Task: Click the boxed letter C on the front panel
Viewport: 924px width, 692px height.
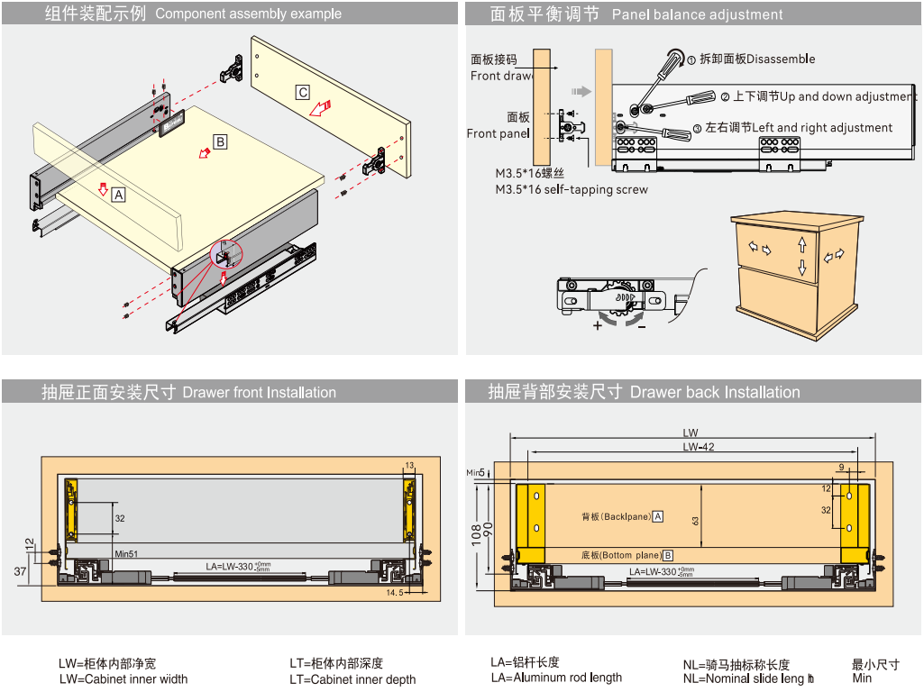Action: point(303,92)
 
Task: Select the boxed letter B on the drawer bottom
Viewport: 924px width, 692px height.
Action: point(220,141)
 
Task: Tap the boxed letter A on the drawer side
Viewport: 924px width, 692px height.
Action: point(118,192)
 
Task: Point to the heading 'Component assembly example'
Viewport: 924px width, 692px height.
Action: point(248,14)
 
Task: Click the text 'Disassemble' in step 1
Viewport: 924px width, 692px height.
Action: point(781,59)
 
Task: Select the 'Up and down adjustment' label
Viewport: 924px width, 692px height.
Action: point(847,96)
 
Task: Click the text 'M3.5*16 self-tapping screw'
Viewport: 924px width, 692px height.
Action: point(572,189)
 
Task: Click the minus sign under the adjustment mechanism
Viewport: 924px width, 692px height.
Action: point(641,326)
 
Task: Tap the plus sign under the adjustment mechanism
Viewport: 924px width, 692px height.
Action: point(598,326)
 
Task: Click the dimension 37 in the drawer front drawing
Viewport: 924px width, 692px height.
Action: point(21,571)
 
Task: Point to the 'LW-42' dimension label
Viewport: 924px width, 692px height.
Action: point(698,447)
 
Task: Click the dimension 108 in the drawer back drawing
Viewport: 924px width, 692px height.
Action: point(478,534)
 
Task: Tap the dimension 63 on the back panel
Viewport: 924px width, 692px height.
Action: point(696,520)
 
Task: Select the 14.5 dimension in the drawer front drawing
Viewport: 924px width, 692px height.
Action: point(395,593)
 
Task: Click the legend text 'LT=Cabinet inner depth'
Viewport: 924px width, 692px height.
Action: point(352,679)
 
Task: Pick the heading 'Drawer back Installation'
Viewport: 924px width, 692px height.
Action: point(715,392)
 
